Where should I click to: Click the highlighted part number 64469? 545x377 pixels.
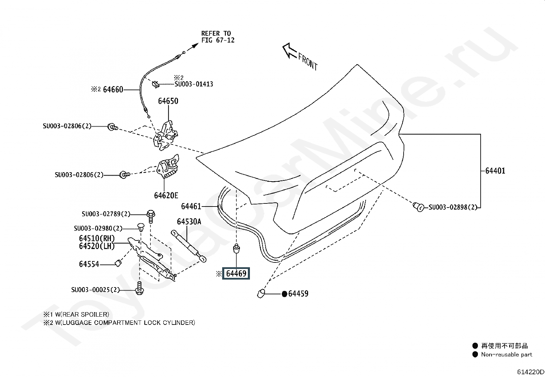(236, 274)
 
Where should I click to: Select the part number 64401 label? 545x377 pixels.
(495, 171)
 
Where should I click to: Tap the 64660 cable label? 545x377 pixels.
(113, 90)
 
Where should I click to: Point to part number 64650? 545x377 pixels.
(168, 101)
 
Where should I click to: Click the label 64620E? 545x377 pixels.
(166, 196)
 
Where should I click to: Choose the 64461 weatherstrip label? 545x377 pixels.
(191, 206)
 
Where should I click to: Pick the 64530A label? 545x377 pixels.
(189, 222)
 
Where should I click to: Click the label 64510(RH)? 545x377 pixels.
(97, 238)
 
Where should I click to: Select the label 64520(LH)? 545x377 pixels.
(97, 246)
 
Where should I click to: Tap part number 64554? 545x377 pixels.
(89, 264)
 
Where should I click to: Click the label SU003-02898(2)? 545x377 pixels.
(453, 207)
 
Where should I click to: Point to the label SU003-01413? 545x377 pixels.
(194, 84)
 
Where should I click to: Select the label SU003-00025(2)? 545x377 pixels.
(96, 290)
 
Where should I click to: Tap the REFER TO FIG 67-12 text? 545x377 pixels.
(218, 37)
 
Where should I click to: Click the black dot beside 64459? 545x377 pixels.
(284, 294)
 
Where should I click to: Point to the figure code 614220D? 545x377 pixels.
(530, 372)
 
